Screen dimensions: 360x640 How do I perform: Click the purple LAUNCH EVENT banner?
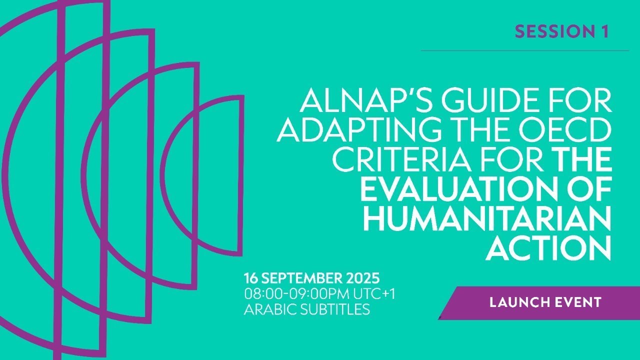[x=545, y=302]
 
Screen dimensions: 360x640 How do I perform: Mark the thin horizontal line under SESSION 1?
[x=524, y=50]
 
